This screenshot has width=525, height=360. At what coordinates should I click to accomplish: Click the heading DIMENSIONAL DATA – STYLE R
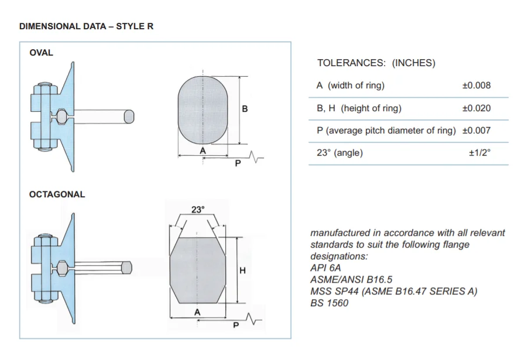[87, 27]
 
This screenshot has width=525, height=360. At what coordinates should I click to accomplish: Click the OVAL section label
[41, 53]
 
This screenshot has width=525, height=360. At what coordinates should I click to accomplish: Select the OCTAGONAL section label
[57, 194]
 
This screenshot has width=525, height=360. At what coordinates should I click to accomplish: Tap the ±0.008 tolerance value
[476, 85]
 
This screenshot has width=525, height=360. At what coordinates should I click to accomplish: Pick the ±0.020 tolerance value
[476, 108]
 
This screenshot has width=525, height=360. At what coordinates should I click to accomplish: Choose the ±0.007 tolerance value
[476, 131]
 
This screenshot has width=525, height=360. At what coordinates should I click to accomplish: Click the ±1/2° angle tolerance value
[479, 153]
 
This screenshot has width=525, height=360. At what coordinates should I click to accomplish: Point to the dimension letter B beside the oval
[245, 109]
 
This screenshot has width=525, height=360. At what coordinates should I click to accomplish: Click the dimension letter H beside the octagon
[242, 270]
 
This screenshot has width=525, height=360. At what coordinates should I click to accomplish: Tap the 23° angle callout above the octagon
[198, 209]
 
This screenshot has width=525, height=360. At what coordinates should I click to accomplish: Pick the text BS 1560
[329, 303]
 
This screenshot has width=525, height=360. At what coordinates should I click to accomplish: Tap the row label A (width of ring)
[350, 85]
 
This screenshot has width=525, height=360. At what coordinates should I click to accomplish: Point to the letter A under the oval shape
[203, 150]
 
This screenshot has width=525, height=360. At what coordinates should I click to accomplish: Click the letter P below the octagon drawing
[236, 325]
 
